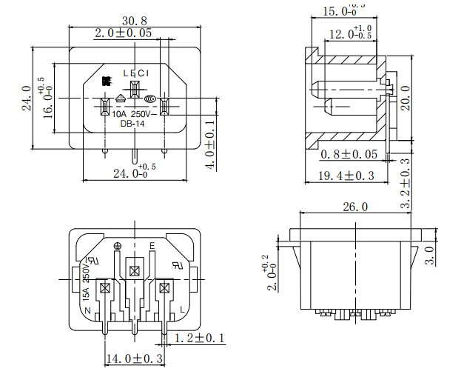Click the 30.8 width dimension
135,21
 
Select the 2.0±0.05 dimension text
124,33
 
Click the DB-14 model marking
131,124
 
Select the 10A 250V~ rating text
132,114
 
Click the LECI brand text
135,73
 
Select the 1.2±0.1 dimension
198,338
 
